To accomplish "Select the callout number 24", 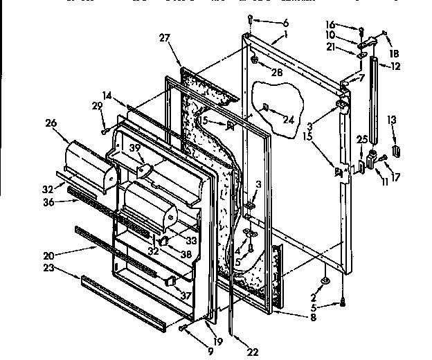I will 289,118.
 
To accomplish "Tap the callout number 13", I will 394,120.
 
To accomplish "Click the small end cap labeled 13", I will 396,150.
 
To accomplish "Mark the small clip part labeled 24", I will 266,107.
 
